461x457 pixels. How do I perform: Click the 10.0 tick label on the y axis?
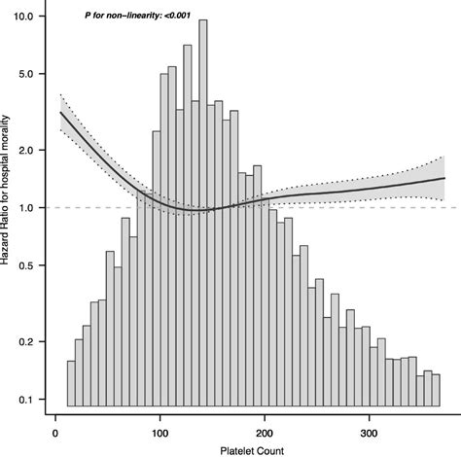22,18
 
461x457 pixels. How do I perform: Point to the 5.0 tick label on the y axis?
25,74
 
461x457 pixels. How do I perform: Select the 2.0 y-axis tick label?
25,150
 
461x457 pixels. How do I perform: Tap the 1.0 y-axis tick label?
25,207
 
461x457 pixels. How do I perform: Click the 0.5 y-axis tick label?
25,264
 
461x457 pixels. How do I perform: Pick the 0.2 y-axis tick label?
25,341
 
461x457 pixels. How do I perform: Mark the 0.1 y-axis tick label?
25,399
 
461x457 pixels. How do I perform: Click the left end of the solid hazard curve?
60,113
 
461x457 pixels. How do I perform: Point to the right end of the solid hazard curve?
444,178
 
